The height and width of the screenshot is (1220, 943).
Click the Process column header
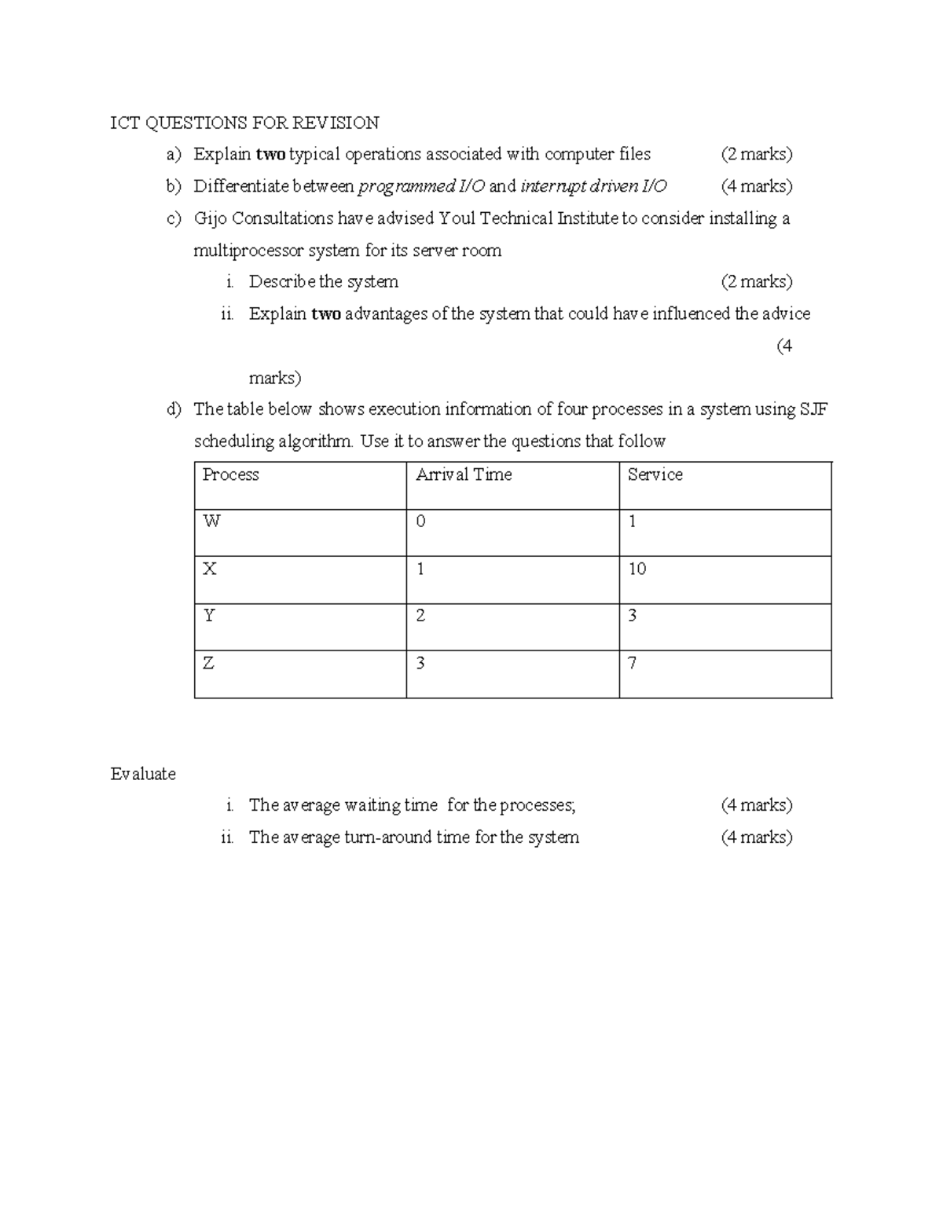click(x=230, y=474)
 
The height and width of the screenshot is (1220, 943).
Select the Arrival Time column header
click(x=464, y=474)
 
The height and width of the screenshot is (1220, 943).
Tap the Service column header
click(x=655, y=474)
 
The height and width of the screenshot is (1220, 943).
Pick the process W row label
click(x=211, y=522)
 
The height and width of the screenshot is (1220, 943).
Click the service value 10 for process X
click(x=637, y=569)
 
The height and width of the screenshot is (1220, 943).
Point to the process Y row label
click(x=209, y=616)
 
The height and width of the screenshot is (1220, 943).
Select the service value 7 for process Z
click(x=632, y=663)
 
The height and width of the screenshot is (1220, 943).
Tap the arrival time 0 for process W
click(x=420, y=522)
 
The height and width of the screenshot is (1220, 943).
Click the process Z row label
click(x=208, y=663)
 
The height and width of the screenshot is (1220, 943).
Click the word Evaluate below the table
click(x=143, y=774)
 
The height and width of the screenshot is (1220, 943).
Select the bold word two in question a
click(x=270, y=154)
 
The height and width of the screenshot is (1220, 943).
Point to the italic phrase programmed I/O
click(x=421, y=186)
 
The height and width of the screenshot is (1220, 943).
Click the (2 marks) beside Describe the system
click(x=756, y=282)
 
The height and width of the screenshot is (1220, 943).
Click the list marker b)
click(x=174, y=186)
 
